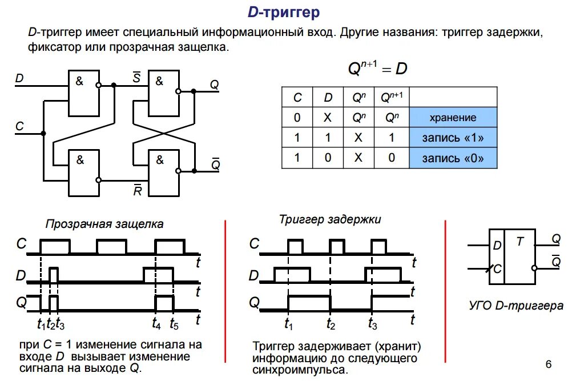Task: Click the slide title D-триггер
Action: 283,12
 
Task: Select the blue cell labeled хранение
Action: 453,118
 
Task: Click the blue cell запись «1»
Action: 453,138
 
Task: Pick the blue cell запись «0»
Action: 453,158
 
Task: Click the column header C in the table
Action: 297,98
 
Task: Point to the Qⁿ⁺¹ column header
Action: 392,98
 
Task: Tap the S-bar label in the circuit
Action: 136,78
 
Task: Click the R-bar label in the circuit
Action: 137,191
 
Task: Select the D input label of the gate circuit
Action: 19,78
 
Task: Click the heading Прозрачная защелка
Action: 104,224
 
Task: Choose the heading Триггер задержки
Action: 329,219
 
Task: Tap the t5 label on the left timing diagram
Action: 175,325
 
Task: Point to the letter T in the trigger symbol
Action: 519,242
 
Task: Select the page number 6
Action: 549,364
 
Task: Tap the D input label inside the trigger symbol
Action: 497,246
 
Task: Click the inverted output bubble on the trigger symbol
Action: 534,267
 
